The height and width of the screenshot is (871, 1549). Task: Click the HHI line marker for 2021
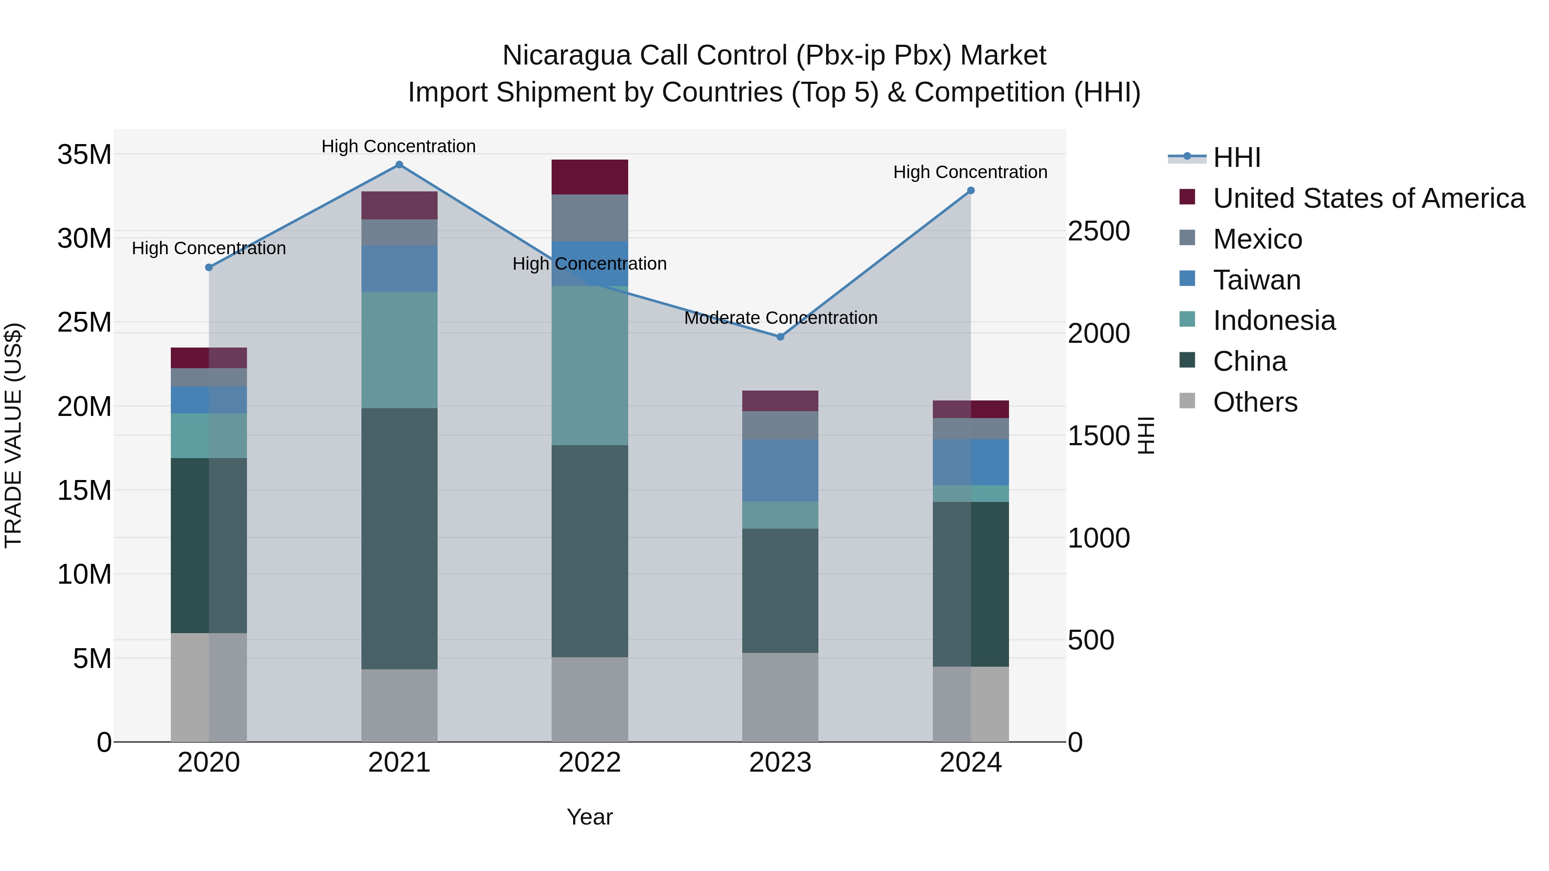399,165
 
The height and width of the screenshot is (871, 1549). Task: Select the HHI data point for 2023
781,337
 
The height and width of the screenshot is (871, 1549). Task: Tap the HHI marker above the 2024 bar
971,191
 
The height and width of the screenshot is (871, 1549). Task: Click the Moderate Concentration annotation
781,317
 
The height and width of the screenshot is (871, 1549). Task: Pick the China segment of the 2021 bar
399,538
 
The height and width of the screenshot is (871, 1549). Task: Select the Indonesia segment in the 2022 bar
589,366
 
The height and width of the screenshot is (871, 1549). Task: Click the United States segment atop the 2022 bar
589,177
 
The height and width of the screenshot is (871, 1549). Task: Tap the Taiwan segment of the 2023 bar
781,470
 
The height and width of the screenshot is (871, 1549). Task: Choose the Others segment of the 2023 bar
781,697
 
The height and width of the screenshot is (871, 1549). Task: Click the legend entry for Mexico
1257,239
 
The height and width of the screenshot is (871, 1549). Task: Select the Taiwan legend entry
1257,280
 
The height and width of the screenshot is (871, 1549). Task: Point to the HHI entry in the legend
1236,157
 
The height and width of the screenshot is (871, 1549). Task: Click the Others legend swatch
1187,401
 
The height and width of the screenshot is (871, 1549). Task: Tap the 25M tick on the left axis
84,323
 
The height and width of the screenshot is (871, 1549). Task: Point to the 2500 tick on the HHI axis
1098,231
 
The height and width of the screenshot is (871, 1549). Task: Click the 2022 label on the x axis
589,763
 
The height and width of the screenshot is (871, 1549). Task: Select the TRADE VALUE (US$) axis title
13,435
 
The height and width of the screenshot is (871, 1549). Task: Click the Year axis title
589,817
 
